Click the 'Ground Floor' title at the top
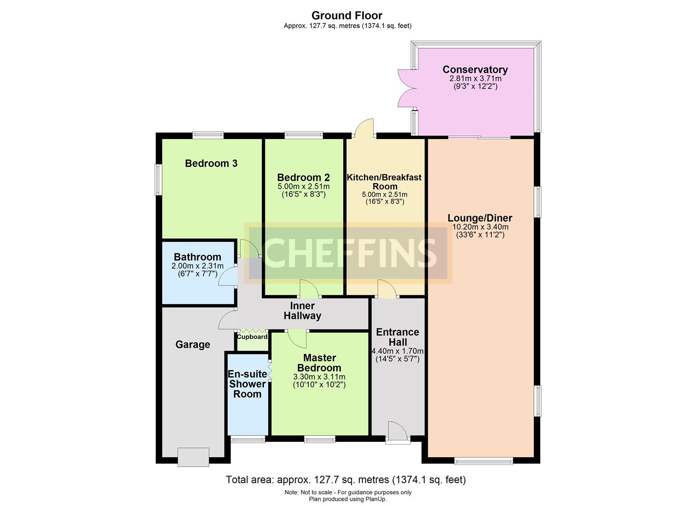pos(347,15)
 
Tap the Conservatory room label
pos(475,70)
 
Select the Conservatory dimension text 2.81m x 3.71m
pos(475,79)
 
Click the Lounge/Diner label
pos(479,218)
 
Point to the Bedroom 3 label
pos(211,164)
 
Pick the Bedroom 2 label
pos(303,178)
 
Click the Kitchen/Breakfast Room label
pos(384,182)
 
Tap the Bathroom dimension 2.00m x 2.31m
pos(197,266)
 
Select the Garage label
pos(193,345)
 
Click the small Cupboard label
pos(252,337)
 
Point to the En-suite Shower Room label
pos(247,384)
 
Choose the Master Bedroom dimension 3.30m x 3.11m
pos(319,377)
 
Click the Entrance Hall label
pos(397,337)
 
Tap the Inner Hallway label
pos(302,311)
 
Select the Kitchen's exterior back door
pos(364,128)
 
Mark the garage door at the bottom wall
pos(193,457)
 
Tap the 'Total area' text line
pos(346,480)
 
